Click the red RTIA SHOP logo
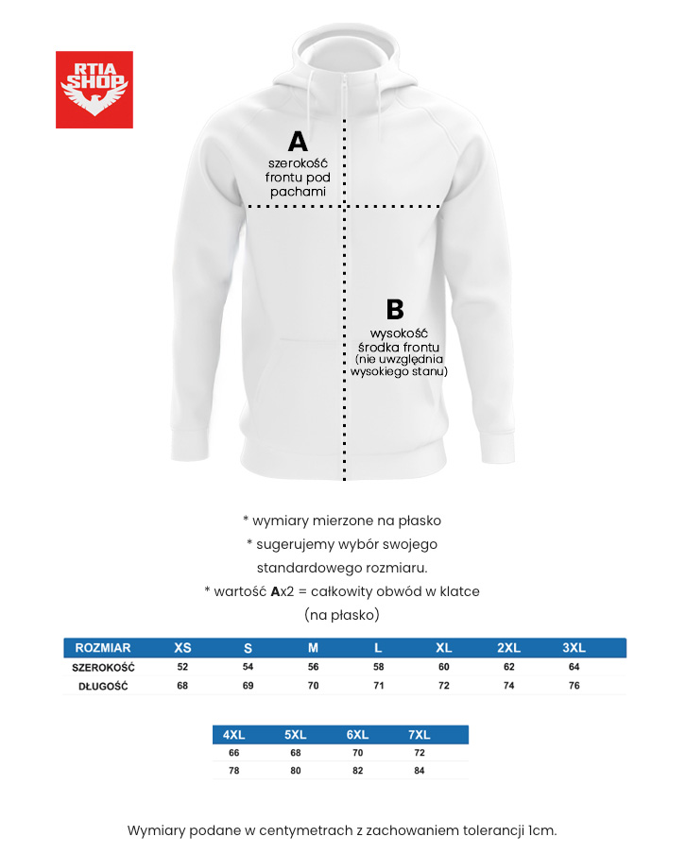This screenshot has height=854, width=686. pos(94,90)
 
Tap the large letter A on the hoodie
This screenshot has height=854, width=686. pos(298,142)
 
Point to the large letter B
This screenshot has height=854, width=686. pos(395,310)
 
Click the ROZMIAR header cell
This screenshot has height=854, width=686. pos(102,648)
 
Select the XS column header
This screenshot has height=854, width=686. pos(182,648)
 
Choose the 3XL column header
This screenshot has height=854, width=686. pos(574,648)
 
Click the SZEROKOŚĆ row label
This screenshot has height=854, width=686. pos(103,667)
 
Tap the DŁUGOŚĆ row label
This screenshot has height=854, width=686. pos(103,686)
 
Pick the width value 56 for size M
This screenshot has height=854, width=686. pos(313,667)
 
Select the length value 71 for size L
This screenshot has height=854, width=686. pos(378,686)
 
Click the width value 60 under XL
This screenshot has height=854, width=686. pos(443,667)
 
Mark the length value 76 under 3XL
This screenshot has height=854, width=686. pos(574,686)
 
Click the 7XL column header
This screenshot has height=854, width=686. pos(419,735)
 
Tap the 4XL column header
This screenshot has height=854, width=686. pos(233,735)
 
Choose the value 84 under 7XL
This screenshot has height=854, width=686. pos(419,772)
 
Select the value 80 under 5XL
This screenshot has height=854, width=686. pos(295,772)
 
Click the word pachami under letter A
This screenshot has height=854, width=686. pos(298,191)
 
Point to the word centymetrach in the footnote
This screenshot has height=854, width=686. pos(304,830)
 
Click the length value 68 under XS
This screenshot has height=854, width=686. pos(182,686)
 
